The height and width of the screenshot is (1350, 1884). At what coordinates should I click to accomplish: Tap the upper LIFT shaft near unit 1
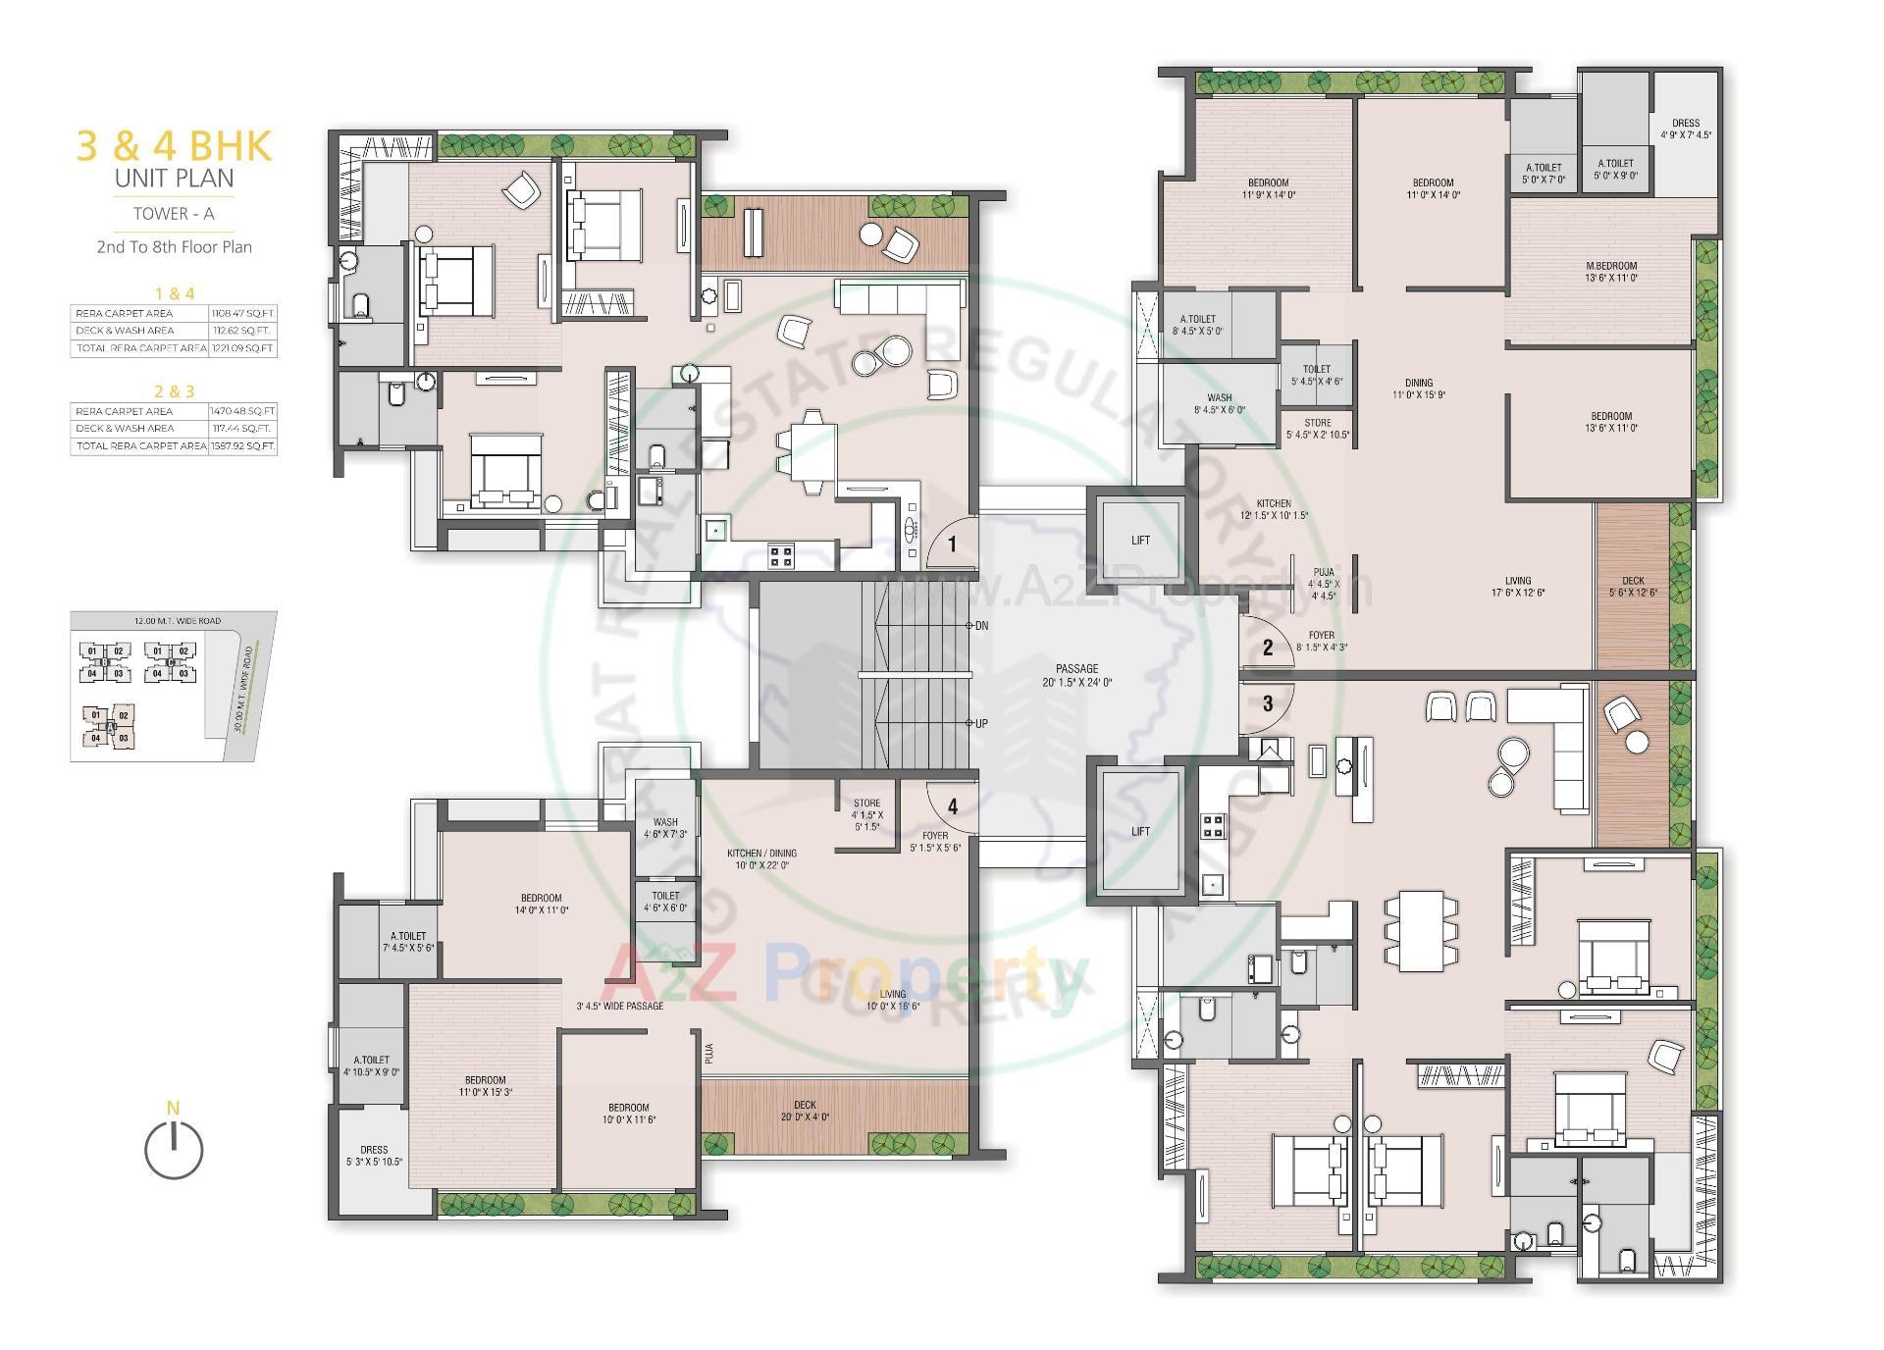tap(1140, 541)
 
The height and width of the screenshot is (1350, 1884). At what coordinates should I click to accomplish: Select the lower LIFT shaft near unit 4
tap(1140, 832)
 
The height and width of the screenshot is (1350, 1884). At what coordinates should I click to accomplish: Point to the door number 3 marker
tap(1268, 703)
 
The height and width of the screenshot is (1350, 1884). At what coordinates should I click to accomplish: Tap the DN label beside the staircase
tap(981, 626)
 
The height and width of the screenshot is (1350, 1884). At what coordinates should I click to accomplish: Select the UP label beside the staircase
tap(981, 724)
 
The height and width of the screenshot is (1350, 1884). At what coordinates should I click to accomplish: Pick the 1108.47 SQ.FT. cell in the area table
tap(242, 313)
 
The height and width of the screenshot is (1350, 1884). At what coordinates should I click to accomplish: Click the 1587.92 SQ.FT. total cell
tap(242, 446)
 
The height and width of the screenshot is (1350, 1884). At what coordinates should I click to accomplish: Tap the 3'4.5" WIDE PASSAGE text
tap(619, 1006)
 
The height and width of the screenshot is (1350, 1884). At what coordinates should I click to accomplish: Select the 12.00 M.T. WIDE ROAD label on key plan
tap(178, 621)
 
